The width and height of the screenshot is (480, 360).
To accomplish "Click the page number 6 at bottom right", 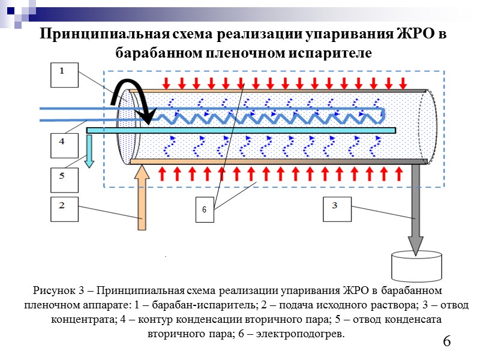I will pos(446,342).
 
